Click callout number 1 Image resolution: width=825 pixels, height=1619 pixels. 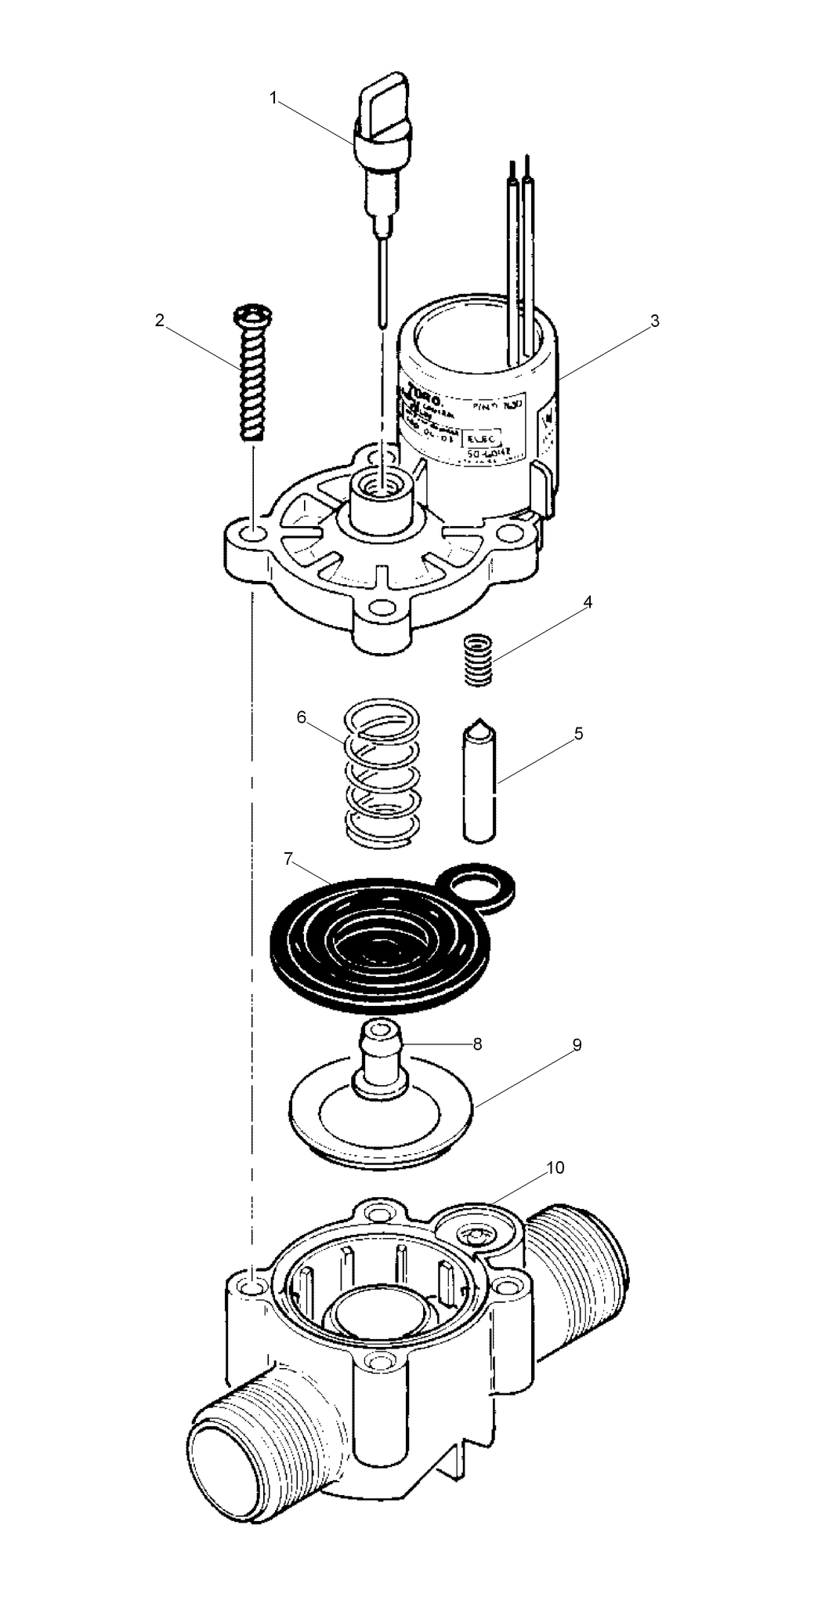(x=273, y=98)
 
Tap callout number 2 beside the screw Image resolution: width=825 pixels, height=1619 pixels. (x=160, y=321)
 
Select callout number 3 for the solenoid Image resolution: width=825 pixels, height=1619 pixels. (x=655, y=321)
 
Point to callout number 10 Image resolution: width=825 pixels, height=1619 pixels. (x=555, y=1167)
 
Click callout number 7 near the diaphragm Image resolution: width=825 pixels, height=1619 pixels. (x=288, y=859)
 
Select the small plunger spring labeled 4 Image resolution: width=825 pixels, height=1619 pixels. (x=478, y=660)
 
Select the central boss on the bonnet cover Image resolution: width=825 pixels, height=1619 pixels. (x=381, y=504)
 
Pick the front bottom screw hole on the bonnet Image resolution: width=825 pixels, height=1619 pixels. (x=382, y=606)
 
